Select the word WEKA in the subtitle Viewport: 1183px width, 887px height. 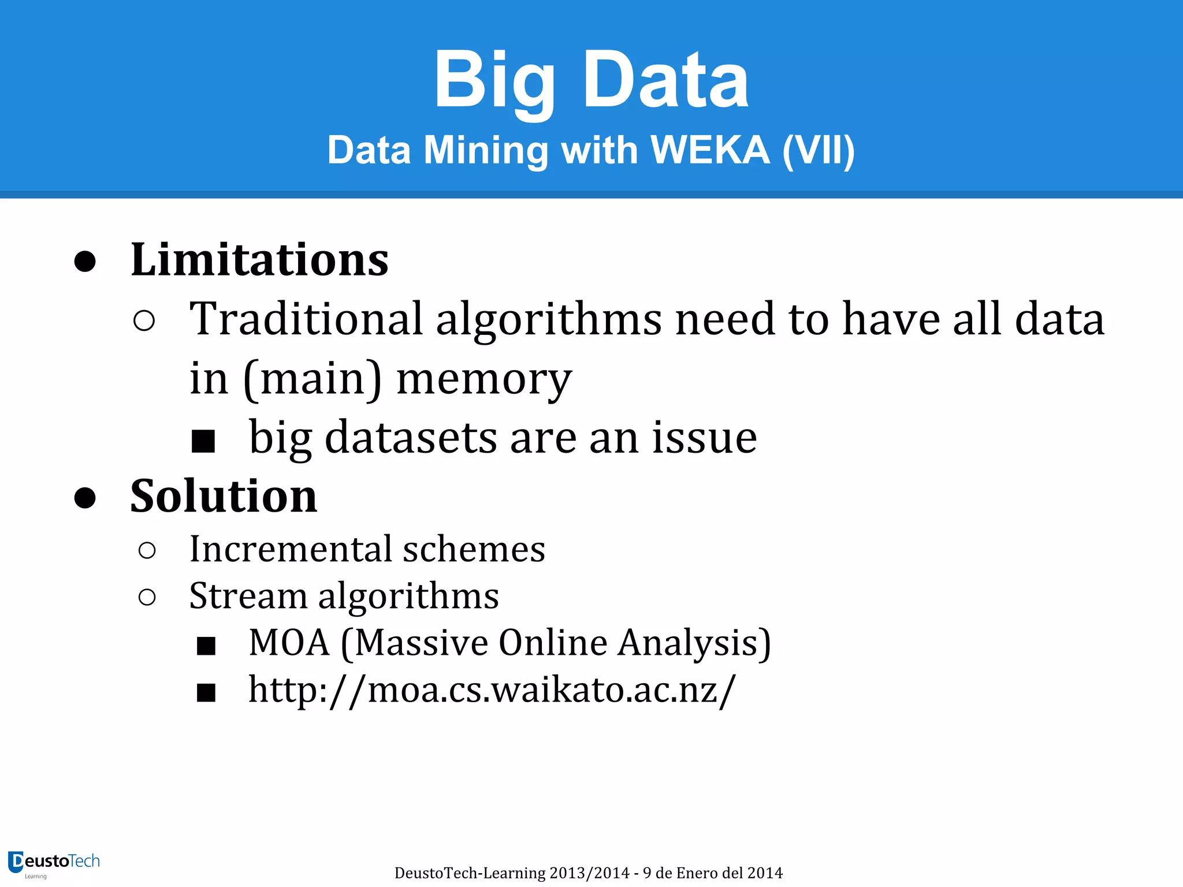pos(710,150)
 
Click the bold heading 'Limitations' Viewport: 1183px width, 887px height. pos(259,260)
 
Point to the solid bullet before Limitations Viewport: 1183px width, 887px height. pos(85,261)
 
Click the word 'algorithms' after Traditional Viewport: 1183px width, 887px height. pos(548,320)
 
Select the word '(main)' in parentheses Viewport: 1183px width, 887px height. pos(313,379)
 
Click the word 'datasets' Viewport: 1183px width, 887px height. pos(411,438)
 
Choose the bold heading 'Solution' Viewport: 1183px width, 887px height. pos(224,497)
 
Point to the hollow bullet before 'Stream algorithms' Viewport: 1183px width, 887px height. pos(147,597)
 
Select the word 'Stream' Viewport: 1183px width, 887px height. pos(248,596)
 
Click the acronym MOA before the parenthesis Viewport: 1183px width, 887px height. pos(289,642)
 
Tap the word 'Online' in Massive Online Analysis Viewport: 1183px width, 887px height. pos(553,642)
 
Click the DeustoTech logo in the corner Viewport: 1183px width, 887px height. pos(54,864)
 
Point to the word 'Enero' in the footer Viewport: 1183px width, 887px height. pos(698,873)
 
